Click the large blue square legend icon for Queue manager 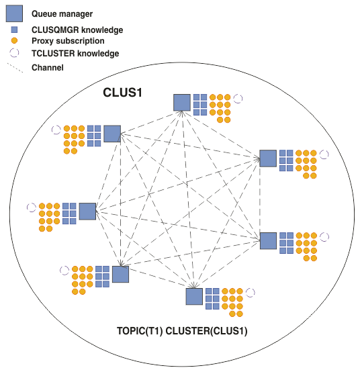[x=14, y=13]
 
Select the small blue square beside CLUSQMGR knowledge [x=14, y=30]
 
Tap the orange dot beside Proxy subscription [x=14, y=41]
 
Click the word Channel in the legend [x=48, y=68]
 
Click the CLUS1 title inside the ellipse [x=122, y=92]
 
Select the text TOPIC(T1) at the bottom [x=140, y=331]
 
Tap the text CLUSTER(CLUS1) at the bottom [x=206, y=331]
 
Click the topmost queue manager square [x=182, y=103]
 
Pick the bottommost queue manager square [x=194, y=297]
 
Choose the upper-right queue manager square [x=268, y=158]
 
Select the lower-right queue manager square [x=269, y=241]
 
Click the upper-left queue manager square [x=112, y=134]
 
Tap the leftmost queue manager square [x=87, y=211]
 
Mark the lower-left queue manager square [x=120, y=274]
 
